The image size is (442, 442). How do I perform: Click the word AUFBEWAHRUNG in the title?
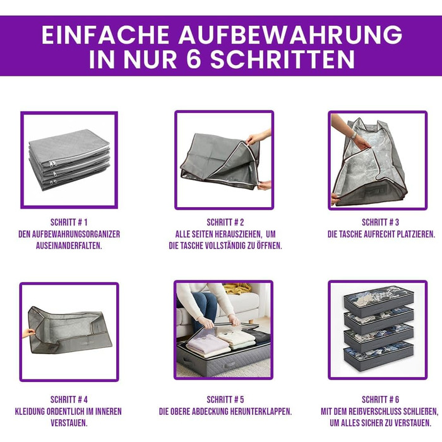[290, 35]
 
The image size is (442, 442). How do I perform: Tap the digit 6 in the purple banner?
[193, 59]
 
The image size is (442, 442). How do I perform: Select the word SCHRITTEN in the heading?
[282, 59]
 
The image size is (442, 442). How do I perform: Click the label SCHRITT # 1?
[69, 222]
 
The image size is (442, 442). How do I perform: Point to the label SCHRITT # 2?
[225, 222]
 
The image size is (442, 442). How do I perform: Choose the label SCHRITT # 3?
[380, 222]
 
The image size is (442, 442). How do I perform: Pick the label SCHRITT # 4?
[69, 400]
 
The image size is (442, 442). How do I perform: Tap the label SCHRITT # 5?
[225, 400]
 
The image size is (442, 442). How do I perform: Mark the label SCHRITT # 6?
[380, 400]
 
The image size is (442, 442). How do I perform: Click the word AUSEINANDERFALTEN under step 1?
[69, 246]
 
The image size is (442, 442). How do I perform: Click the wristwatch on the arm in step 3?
[354, 136]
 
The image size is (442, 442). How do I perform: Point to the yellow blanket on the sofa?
[237, 289]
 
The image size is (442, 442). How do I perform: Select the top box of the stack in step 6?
[379, 301]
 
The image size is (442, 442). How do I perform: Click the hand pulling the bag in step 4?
[28, 333]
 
